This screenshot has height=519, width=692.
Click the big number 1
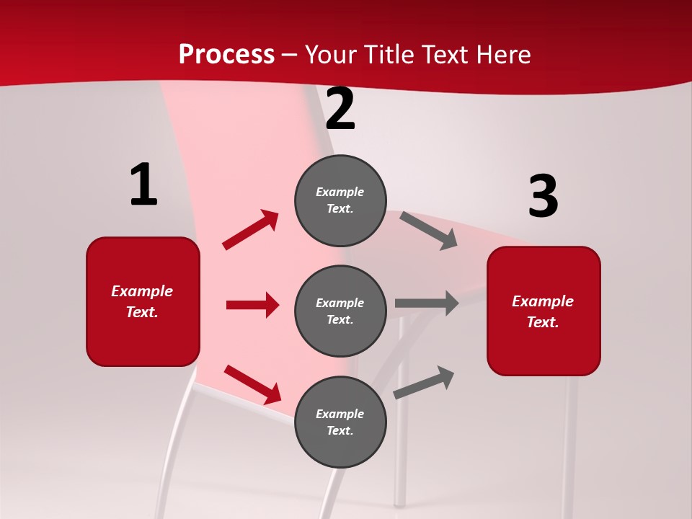tap(143, 185)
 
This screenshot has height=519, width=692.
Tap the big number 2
tap(340, 110)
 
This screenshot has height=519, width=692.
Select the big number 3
tap(544, 197)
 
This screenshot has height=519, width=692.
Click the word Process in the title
tap(226, 54)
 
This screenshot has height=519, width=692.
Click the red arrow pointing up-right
tap(251, 229)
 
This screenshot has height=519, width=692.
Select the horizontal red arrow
tap(252, 305)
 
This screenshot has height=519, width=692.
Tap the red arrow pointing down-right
tap(252, 384)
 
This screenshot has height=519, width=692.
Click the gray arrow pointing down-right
tap(429, 230)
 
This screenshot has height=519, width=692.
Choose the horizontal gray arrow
tap(427, 303)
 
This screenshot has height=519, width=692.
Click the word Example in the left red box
tap(142, 291)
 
